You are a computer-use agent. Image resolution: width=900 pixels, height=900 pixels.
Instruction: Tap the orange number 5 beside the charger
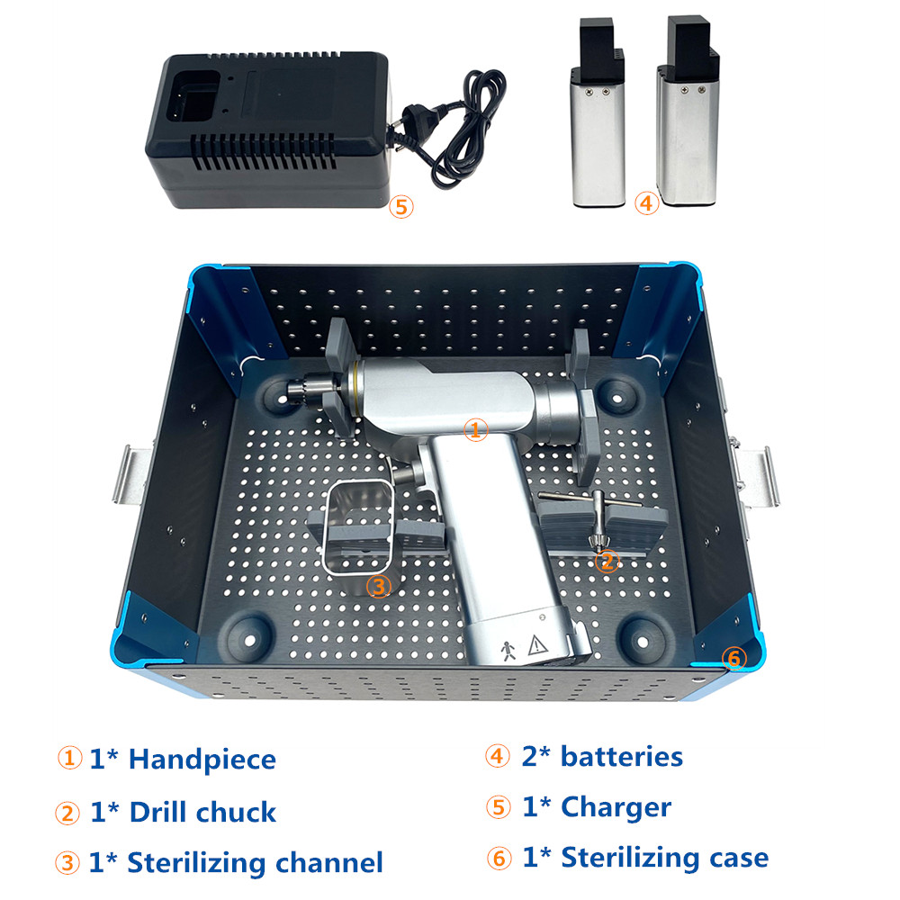point(401,207)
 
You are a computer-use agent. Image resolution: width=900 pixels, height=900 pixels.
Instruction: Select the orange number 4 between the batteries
point(646,203)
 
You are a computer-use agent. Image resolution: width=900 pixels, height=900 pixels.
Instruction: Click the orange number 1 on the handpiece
point(475,429)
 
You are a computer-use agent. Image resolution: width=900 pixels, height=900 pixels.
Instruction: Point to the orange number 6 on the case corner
point(734,658)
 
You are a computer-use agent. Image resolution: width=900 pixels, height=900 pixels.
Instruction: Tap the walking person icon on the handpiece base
point(508,651)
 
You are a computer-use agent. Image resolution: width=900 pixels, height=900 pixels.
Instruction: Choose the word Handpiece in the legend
point(202,760)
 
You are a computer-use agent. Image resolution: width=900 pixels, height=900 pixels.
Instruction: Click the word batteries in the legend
point(622,757)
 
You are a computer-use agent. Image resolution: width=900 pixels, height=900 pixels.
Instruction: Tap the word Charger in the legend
point(616,807)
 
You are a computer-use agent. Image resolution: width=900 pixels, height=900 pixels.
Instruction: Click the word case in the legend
point(739,858)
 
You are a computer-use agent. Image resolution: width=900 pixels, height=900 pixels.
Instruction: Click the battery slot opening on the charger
point(194,96)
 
